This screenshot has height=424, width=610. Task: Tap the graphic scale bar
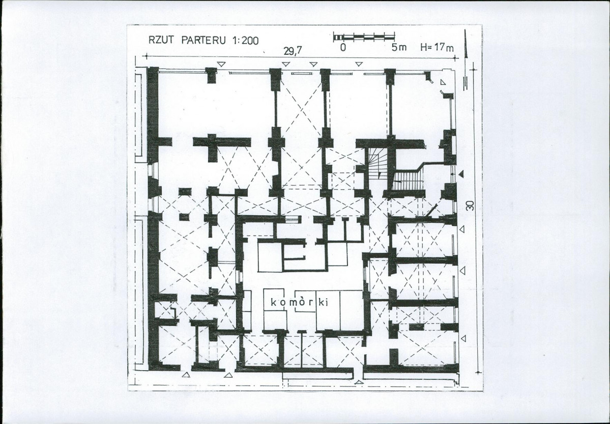(x=364, y=37)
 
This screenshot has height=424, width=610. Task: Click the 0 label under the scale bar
(x=343, y=48)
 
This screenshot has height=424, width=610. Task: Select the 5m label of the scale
(x=399, y=48)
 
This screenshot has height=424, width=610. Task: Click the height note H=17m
(x=437, y=48)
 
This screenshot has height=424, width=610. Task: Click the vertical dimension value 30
(x=471, y=206)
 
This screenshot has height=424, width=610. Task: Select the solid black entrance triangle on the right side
(x=461, y=175)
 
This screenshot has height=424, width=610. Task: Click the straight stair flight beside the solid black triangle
(x=409, y=181)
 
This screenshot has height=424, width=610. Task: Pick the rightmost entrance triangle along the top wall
(x=359, y=64)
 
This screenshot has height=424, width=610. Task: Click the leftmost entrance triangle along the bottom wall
(x=186, y=375)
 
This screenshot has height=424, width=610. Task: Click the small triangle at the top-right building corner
(x=443, y=81)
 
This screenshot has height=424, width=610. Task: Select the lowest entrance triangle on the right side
(x=462, y=338)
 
